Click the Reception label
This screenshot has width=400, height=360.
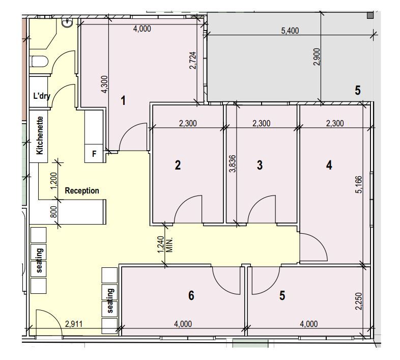[82, 191]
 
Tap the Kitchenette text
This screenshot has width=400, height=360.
[40, 135]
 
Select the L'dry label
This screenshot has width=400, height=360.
[42, 96]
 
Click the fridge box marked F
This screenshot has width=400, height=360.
[94, 154]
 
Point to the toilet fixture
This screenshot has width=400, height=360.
[40, 62]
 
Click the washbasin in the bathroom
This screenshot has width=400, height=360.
[67, 23]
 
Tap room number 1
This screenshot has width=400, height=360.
[123, 100]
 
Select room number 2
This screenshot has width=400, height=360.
[178, 165]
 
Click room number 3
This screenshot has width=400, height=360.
[260, 165]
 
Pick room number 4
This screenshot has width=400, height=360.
[329, 165]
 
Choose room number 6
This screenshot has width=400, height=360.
[191, 295]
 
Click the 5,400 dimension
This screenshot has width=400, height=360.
[290, 31]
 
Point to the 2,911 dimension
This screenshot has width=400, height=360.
[74, 324]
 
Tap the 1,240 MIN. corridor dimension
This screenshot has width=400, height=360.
[165, 244]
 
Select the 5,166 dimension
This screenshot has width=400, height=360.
[359, 184]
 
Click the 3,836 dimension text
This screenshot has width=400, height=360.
[233, 163]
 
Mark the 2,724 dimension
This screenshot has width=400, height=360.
[193, 61]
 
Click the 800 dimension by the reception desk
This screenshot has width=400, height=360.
[53, 212]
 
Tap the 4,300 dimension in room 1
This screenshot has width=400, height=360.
[105, 85]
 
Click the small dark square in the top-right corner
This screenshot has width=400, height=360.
[370, 15]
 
